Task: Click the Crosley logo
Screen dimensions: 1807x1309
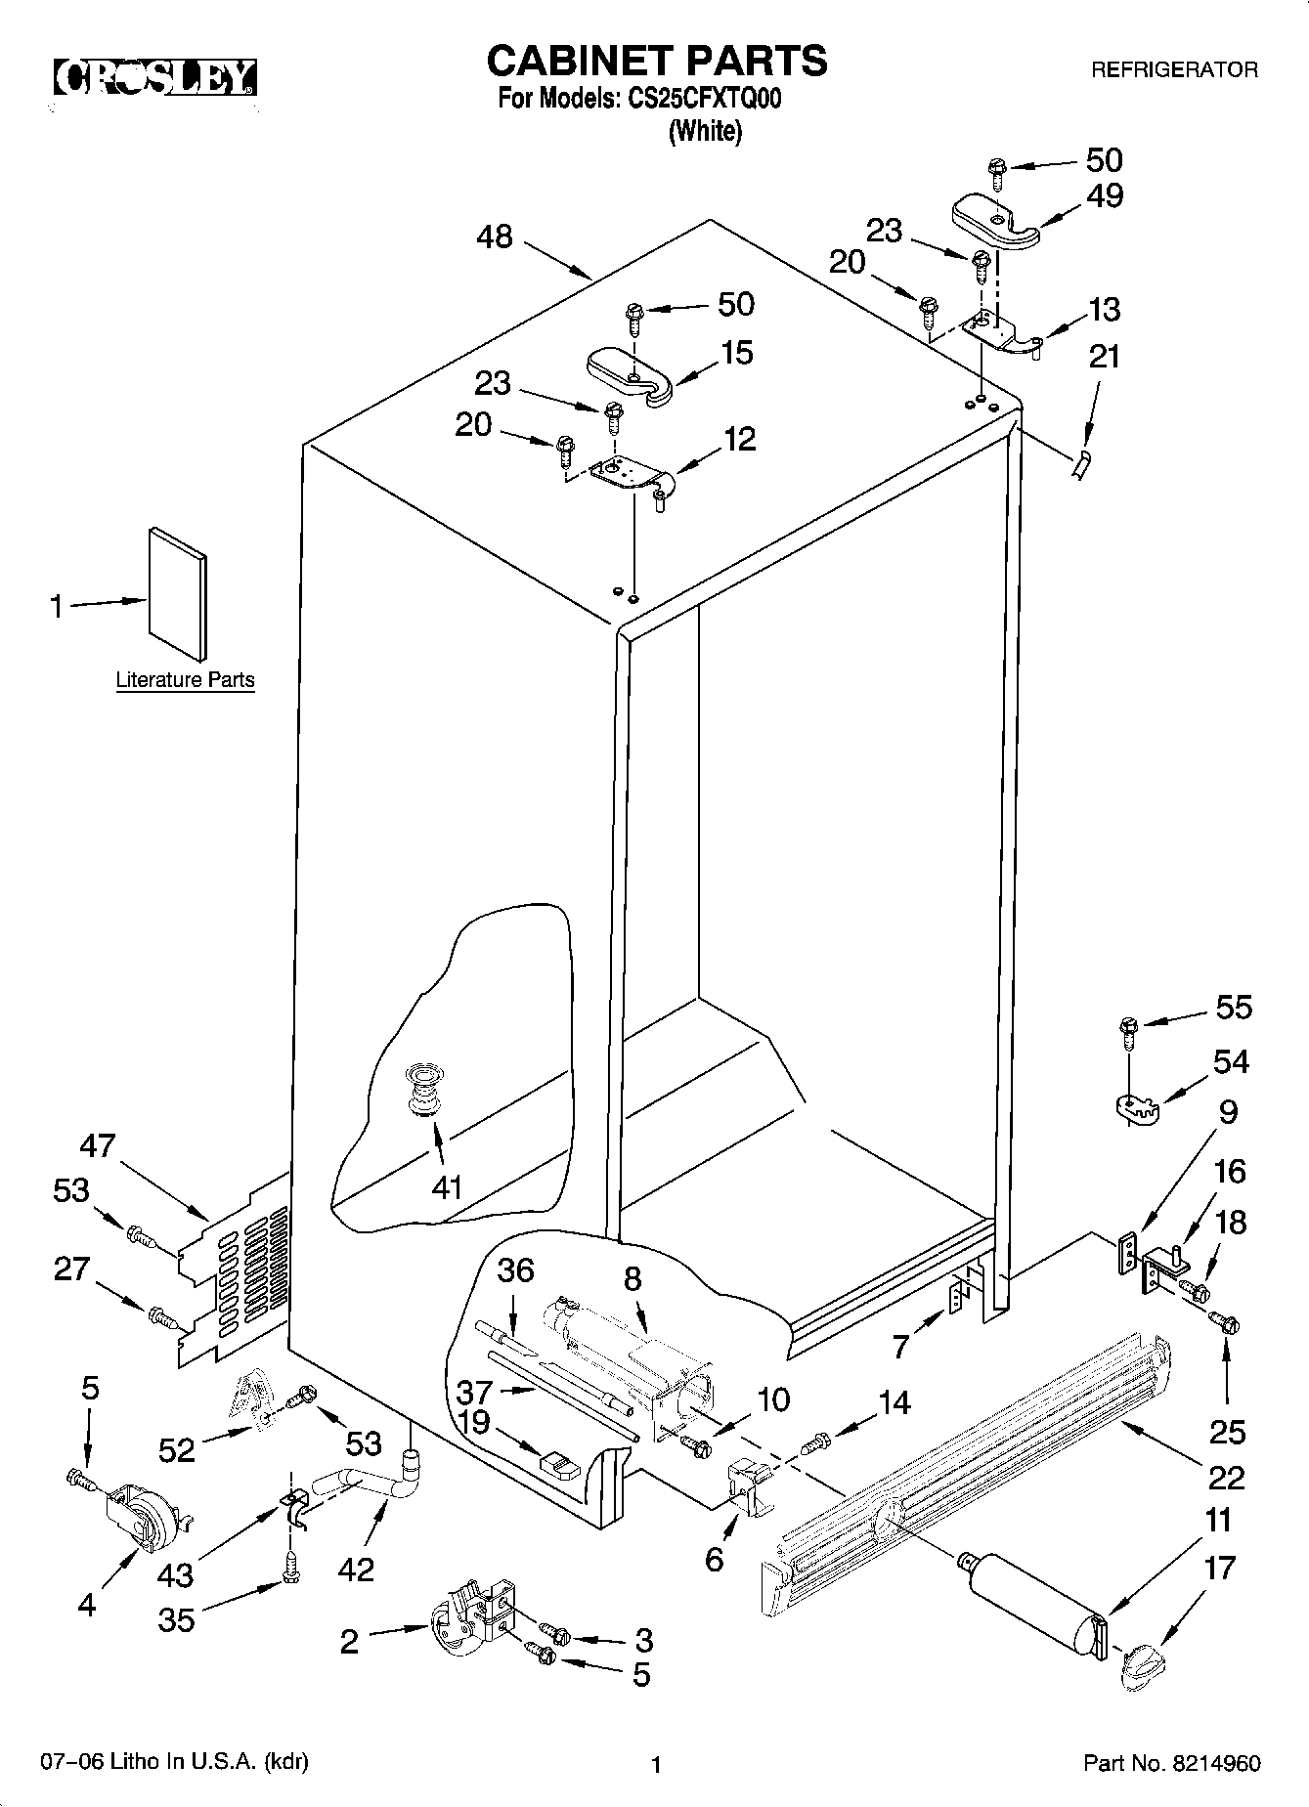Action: (x=155, y=78)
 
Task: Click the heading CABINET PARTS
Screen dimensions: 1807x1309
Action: (x=656, y=61)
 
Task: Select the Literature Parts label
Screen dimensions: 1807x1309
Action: (x=185, y=680)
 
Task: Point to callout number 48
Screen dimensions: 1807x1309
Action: (x=496, y=237)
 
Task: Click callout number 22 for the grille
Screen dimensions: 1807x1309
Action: (x=1225, y=1476)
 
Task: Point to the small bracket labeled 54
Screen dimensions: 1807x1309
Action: (x=1134, y=1107)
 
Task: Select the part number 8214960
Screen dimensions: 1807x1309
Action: (x=1216, y=1764)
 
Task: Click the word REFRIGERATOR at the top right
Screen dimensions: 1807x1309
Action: (x=1173, y=70)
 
